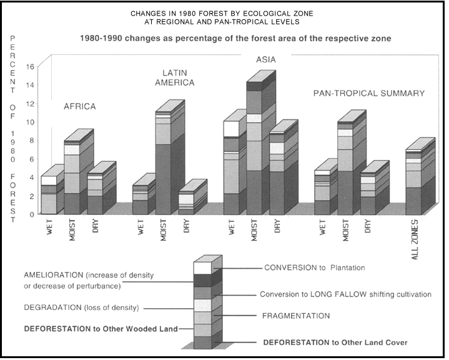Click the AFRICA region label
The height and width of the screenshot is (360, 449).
(x=79, y=106)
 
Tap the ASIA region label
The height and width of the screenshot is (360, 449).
(x=267, y=60)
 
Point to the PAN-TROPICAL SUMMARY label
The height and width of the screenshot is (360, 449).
(x=368, y=93)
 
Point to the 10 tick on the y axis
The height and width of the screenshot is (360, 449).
(x=30, y=122)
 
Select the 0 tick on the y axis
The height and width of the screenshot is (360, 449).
(x=31, y=214)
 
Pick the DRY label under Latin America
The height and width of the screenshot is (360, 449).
(x=187, y=227)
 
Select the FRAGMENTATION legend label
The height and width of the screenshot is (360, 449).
(x=297, y=316)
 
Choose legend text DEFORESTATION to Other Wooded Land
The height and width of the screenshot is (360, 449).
(x=101, y=328)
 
